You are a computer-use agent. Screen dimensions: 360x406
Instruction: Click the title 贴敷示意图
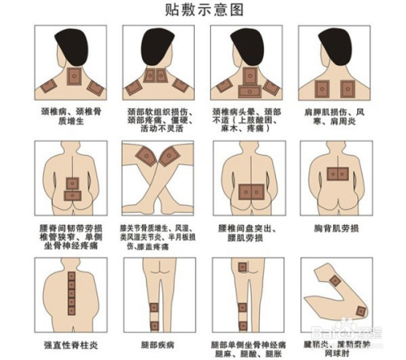point(204,11)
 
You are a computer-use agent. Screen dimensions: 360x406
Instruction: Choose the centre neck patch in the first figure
point(71,78)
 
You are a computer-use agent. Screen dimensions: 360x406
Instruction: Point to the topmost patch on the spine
point(71,280)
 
